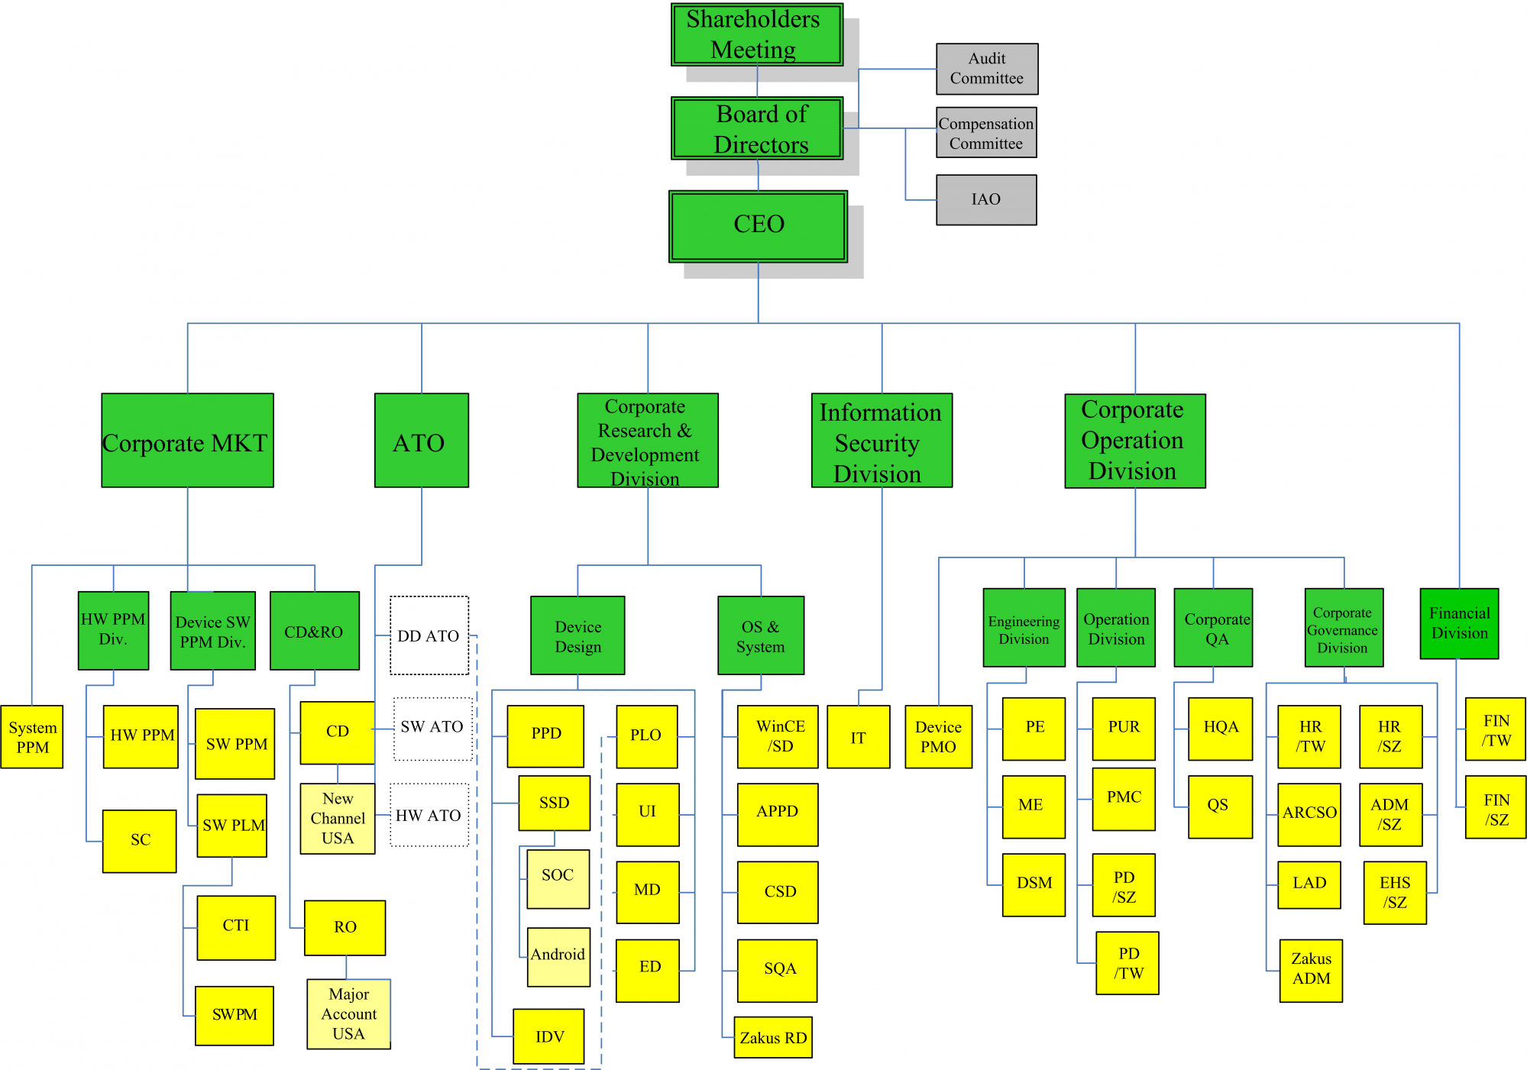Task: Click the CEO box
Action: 758,226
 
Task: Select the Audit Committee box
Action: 986,69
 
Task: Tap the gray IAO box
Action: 985,199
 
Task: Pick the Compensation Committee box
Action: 985,133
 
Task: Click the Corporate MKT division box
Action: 187,441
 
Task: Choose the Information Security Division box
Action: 881,441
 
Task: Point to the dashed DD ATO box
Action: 429,635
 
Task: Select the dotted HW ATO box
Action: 429,815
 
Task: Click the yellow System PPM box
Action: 32,737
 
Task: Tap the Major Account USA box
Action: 348,1013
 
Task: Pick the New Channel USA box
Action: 338,818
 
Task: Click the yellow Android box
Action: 558,956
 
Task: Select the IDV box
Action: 549,1036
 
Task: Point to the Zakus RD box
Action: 772,1037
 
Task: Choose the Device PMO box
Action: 938,737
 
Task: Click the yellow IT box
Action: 858,737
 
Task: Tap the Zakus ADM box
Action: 1311,969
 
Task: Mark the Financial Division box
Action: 1458,623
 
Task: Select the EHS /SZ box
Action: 1394,892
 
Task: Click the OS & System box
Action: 760,635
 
